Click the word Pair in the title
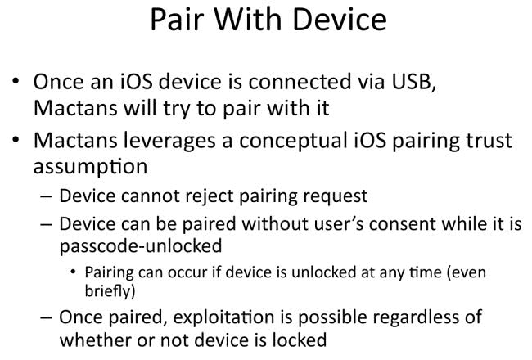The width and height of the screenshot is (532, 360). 177,20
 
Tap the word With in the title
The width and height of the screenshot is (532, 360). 248,20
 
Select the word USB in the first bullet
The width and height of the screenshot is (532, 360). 413,83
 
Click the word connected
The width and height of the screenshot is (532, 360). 300,82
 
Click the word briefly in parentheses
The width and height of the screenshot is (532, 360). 108,291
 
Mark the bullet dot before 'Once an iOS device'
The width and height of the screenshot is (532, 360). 16,82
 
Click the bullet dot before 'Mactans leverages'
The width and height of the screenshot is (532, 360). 16,140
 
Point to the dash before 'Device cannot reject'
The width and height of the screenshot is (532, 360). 47,197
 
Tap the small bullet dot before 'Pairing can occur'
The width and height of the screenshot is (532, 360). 73,272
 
